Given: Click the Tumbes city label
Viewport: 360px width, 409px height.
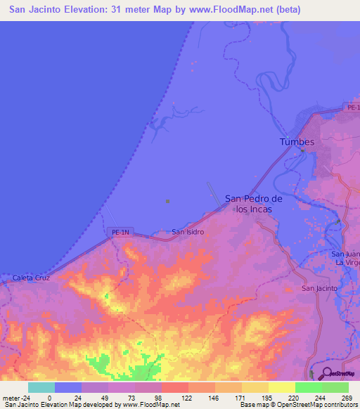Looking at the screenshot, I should coord(297,142).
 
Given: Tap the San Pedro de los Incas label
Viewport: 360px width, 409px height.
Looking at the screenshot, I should coord(254,204).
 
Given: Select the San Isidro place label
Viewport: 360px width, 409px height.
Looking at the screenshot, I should coord(188,232).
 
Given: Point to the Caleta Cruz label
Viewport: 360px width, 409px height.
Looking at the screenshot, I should coord(31,278).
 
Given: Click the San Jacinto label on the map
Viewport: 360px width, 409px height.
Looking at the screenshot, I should coord(319,288).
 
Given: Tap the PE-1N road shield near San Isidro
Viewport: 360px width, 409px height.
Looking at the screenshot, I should coord(122,231).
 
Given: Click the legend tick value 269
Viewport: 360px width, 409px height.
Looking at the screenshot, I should coord(347,397).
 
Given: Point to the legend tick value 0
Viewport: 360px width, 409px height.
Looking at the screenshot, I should coord(49,397).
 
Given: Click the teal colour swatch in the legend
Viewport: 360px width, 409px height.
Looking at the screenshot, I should coord(41,387).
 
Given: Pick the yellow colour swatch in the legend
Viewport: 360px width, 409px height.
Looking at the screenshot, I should coord(281,387).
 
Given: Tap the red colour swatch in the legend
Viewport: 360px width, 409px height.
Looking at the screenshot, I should coord(174,387).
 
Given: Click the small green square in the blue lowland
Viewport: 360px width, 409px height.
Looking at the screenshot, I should coord(167,202).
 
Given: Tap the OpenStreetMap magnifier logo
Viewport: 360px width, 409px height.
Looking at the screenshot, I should coord(326,372).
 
